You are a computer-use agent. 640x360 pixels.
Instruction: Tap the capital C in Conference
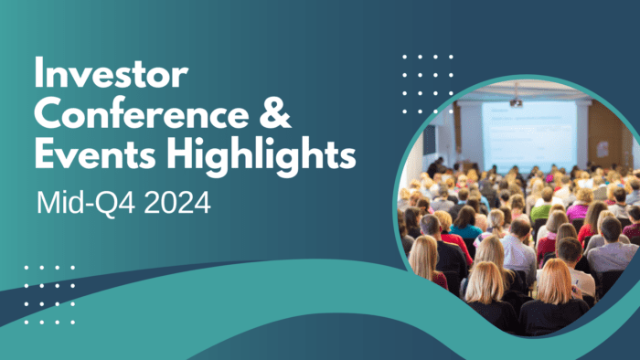click(x=48, y=114)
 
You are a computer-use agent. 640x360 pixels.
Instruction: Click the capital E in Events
click(x=45, y=153)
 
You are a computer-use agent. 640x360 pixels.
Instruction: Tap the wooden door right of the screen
click(x=603, y=137)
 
